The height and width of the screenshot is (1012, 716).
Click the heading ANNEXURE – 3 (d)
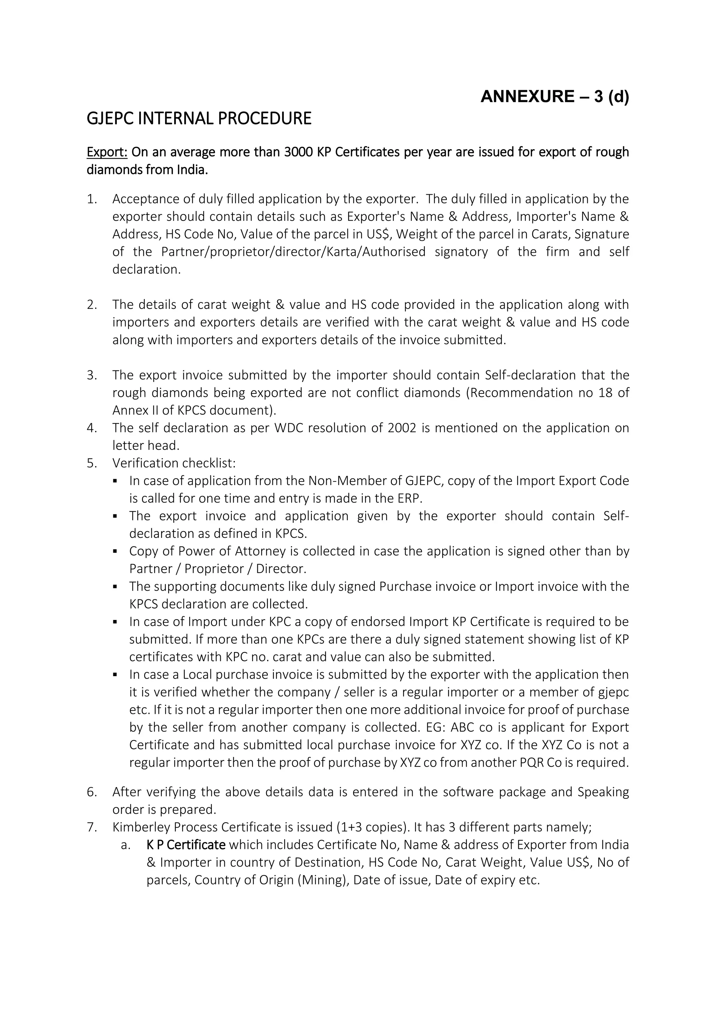554,96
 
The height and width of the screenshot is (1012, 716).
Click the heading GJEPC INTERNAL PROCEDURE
199,118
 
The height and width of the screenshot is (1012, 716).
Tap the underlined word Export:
107,152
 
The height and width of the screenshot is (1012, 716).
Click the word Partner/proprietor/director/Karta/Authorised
293,252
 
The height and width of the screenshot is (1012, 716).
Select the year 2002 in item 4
402,428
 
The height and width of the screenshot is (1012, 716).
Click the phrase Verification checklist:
174,463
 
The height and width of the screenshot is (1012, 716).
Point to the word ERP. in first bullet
410,499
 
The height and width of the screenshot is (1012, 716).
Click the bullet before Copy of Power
115,551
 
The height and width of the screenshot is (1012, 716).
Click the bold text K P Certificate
186,845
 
